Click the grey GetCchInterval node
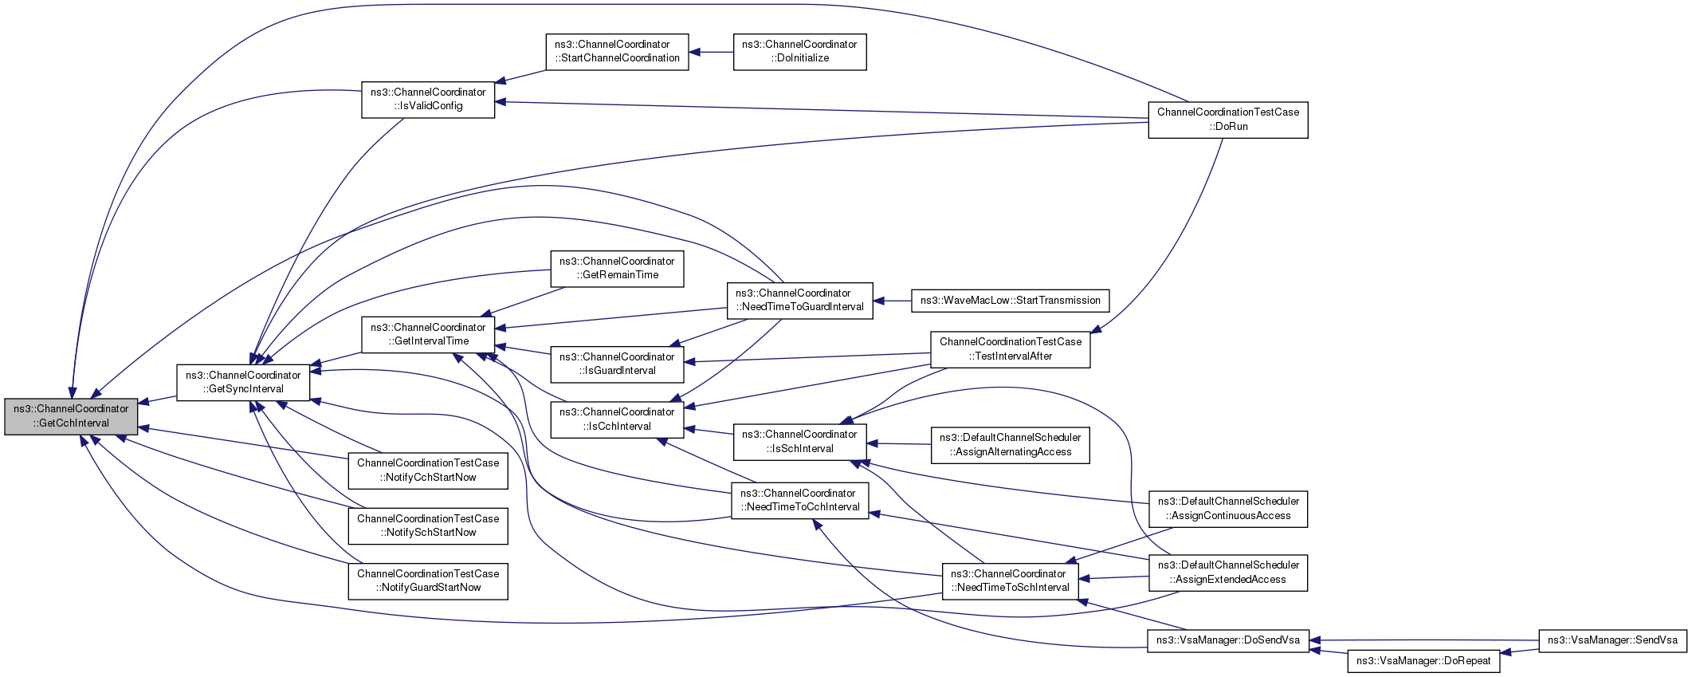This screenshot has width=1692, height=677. pyautogui.click(x=71, y=415)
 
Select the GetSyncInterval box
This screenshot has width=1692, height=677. pyautogui.click(x=243, y=382)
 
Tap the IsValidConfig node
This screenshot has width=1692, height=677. pyautogui.click(x=428, y=99)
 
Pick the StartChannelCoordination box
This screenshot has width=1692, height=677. pyautogui.click(x=617, y=51)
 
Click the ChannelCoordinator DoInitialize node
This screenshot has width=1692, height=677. pyautogui.click(x=799, y=51)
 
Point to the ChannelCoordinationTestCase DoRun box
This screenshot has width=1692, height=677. pyautogui.click(x=1227, y=120)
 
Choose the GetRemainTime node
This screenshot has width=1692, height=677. pyautogui.click(x=617, y=268)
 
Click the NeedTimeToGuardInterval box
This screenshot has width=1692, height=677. pyautogui.click(x=799, y=300)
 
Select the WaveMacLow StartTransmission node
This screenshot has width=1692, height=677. pyautogui.click(x=1010, y=301)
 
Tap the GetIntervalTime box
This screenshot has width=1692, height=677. pyautogui.click(x=428, y=334)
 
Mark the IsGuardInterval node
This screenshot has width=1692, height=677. pyautogui.click(x=617, y=364)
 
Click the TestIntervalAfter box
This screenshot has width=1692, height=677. pyautogui.click(x=1010, y=348)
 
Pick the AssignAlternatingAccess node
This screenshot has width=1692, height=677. pyautogui.click(x=1010, y=444)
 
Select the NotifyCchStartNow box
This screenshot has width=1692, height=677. pyautogui.click(x=428, y=470)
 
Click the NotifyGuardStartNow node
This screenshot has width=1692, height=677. pyautogui.click(x=428, y=581)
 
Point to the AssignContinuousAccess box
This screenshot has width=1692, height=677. pyautogui.click(x=1227, y=508)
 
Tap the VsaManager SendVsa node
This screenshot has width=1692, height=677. pyautogui.click(x=1612, y=640)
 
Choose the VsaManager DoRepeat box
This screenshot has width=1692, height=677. pyautogui.click(x=1423, y=660)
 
